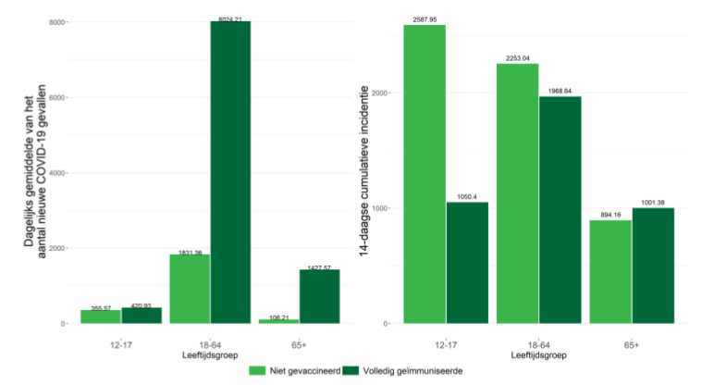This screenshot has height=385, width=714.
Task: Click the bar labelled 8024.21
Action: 230,171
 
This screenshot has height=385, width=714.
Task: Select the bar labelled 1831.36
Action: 189,288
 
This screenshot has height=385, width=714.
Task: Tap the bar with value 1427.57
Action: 320,296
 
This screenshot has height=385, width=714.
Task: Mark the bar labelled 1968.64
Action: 560,209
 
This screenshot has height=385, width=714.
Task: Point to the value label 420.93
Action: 142,304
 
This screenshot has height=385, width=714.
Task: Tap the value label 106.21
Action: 278,317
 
